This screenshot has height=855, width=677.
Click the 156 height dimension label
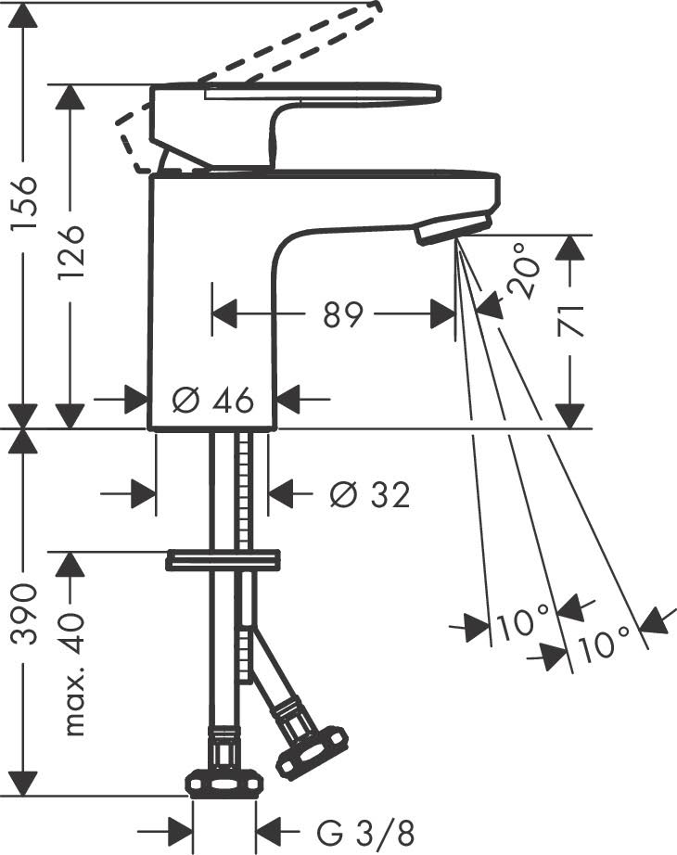click(x=27, y=202)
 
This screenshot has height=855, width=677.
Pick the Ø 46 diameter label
click(x=213, y=401)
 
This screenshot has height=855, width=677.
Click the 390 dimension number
click(x=27, y=613)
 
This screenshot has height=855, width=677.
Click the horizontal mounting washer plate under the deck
click(x=223, y=560)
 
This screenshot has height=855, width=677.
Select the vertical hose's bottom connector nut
click(x=224, y=783)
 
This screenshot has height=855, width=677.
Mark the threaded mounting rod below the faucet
click(x=246, y=491)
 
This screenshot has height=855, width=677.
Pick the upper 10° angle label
click(x=522, y=623)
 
